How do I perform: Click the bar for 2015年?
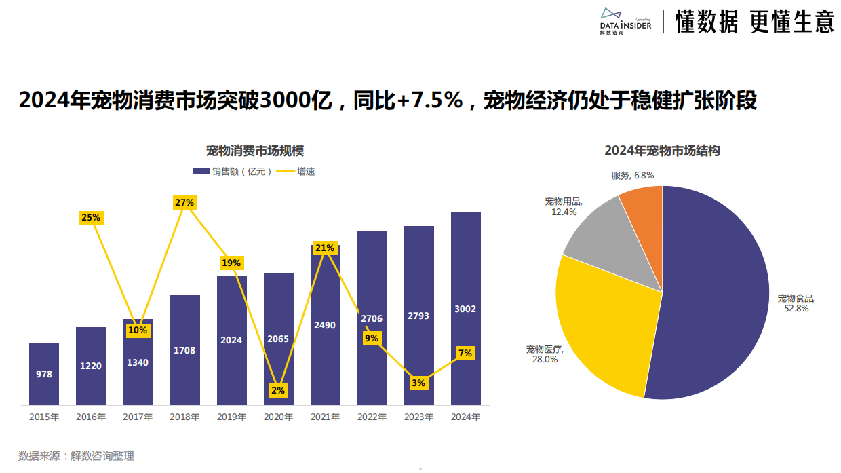(44, 373)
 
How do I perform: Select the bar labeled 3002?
(465, 309)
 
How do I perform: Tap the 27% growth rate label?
(184, 202)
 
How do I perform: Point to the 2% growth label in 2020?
(278, 390)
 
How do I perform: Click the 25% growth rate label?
(91, 218)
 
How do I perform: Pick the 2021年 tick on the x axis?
(325, 417)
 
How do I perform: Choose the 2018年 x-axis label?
(184, 417)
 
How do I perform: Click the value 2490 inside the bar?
(325, 325)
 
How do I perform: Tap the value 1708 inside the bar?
(184, 350)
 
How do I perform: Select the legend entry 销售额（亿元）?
(233, 172)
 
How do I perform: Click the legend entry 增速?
(298, 172)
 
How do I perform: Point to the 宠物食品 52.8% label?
(795, 303)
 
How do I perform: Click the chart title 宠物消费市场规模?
(255, 151)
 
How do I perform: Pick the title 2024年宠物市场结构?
(662, 151)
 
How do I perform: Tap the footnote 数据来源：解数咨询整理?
(77, 456)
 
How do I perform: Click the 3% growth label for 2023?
(418, 383)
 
